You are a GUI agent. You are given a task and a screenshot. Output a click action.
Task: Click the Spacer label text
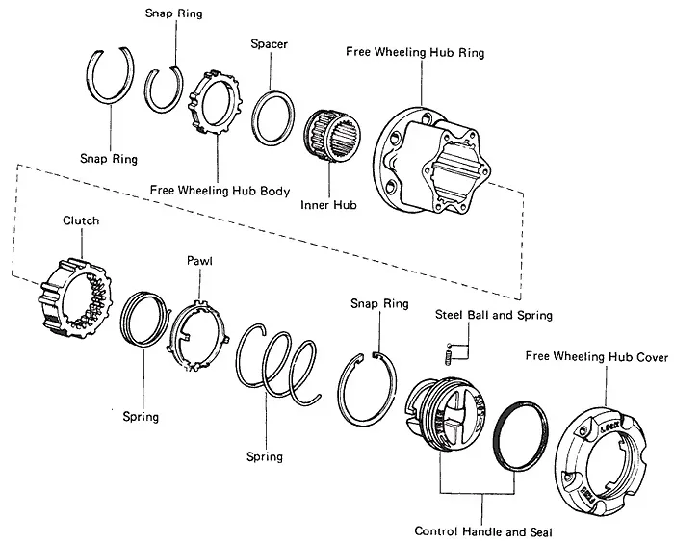pos(269,44)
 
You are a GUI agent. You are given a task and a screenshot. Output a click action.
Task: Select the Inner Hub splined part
pos(332,136)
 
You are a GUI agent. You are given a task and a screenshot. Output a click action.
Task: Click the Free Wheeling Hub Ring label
pos(415,52)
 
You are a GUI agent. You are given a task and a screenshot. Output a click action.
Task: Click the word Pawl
pos(199,261)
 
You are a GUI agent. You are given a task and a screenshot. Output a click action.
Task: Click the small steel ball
pos(450,346)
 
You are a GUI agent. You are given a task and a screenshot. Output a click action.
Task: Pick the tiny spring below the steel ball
pos(449,358)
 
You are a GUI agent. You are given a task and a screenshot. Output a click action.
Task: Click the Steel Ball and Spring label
pos(493,315)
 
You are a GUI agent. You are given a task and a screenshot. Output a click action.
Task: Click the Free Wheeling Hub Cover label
pos(597,357)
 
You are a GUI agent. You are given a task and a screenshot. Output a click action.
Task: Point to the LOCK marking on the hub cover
pos(609,427)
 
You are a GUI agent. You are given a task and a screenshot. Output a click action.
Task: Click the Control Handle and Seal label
pos(483,531)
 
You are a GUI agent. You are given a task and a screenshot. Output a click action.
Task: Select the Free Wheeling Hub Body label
pos(220,190)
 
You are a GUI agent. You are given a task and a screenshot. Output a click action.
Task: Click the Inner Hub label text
pos(328,205)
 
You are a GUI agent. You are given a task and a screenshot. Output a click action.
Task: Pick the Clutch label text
pos(81,220)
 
